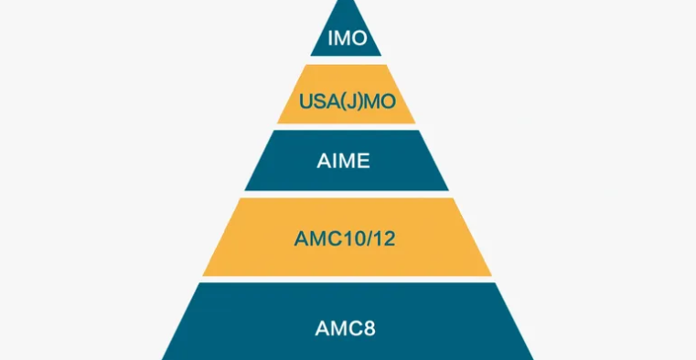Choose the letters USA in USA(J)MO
(x=316, y=100)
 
